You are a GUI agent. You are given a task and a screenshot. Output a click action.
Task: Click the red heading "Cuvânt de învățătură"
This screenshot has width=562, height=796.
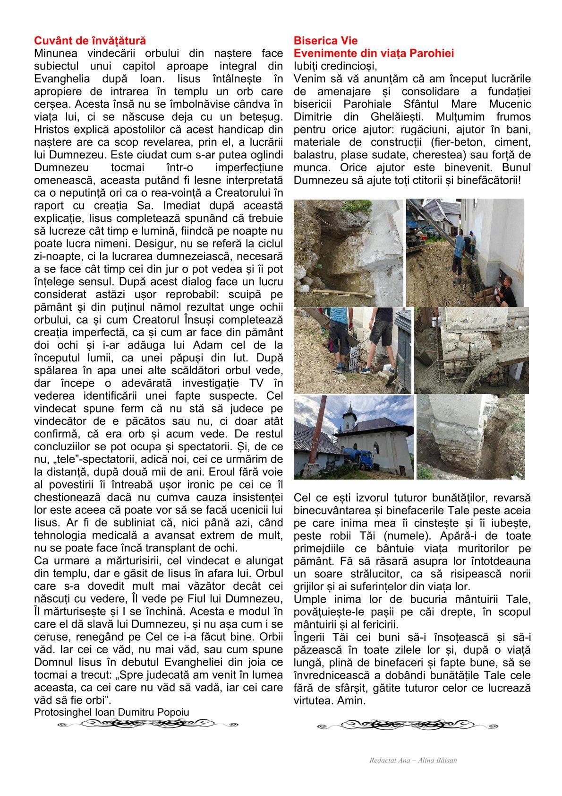[90, 41]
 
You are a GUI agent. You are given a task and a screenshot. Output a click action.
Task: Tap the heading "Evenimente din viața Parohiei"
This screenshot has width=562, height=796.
[374, 53]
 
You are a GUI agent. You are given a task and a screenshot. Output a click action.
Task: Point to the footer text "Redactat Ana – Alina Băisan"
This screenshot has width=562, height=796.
[413, 761]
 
